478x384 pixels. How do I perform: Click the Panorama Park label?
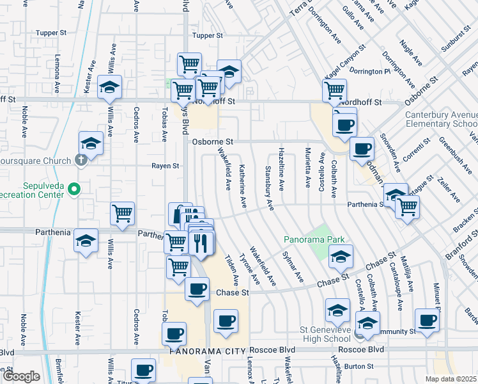click(x=314, y=240)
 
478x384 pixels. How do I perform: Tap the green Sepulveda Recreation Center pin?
click(x=74, y=189)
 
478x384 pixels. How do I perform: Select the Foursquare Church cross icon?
click(x=81, y=161)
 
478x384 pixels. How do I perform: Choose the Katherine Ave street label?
click(x=243, y=186)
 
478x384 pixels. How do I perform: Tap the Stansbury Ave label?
click(x=269, y=188)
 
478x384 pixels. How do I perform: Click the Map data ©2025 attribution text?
click(x=451, y=379)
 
